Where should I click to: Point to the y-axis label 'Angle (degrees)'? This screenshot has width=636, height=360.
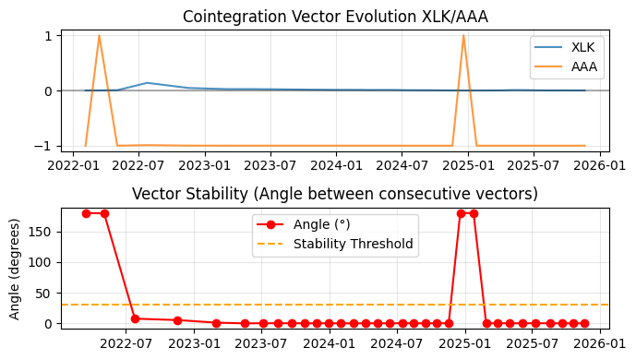tap(14, 269)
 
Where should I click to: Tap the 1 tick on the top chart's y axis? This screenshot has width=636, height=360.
tap(52, 35)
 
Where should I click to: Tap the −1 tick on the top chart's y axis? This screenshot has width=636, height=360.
tap(48, 146)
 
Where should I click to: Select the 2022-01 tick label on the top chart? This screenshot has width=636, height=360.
tap(75, 166)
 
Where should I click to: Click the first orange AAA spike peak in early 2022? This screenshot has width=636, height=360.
tap(99, 36)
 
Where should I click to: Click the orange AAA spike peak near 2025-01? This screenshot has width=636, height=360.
tap(463, 36)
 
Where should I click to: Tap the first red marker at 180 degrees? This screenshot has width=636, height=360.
tap(86, 213)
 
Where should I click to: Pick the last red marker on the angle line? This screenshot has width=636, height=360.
tap(584, 323)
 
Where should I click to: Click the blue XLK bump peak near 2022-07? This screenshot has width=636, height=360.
tap(148, 83)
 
